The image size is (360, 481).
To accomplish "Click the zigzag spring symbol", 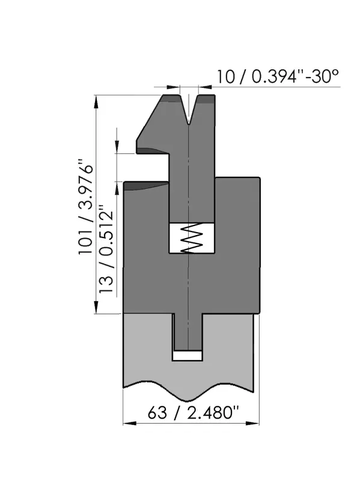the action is click(x=192, y=238).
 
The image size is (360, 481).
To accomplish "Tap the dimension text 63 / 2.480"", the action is click(x=193, y=412).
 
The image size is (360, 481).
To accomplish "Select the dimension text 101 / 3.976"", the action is click(x=86, y=207).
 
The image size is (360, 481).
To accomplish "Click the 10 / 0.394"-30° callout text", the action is click(x=278, y=76).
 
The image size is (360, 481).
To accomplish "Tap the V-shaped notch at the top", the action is click(x=189, y=110).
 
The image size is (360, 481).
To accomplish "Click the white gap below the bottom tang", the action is click(x=187, y=355).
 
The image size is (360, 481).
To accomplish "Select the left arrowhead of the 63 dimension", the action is click(x=129, y=423).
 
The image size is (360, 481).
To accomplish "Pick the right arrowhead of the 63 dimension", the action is click(x=252, y=423).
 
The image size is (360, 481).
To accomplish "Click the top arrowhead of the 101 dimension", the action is click(x=96, y=102).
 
